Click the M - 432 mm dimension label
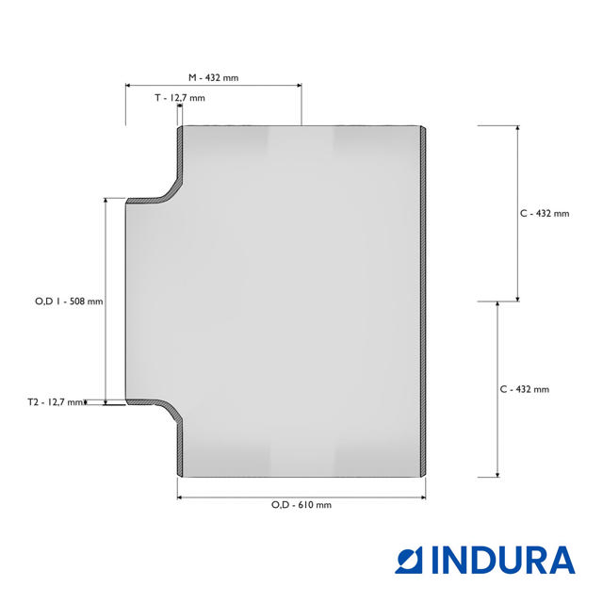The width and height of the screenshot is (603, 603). tap(213, 77)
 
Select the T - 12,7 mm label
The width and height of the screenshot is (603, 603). tap(180, 98)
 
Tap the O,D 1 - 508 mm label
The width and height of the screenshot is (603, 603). tap(69, 301)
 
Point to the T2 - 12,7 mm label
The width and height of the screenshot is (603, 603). tap(56, 402)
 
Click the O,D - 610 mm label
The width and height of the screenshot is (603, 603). tap(301, 505)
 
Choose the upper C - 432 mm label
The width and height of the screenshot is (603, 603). tap(545, 214)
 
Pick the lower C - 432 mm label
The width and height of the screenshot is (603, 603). tap(524, 389)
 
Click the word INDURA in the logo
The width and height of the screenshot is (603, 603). tap(503, 561)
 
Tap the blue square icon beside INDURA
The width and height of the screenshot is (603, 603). tap(409, 561)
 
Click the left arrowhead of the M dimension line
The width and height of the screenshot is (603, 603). tap(128, 86)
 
